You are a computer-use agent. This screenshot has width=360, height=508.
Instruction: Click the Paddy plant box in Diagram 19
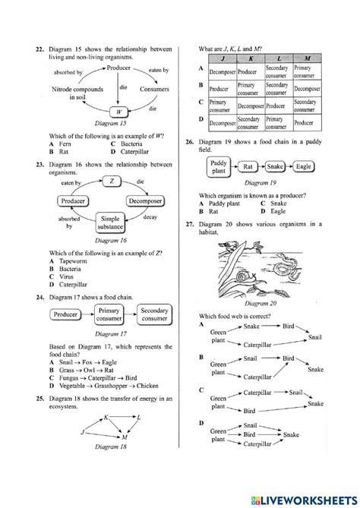(x=218, y=166)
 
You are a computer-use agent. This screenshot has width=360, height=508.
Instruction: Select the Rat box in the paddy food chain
(x=248, y=166)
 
